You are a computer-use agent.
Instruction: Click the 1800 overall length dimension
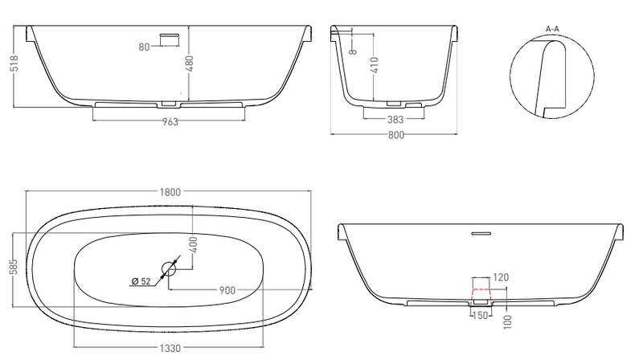(x=170, y=192)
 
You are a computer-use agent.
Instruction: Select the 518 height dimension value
(x=14, y=63)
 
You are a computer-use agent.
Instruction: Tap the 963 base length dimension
(x=170, y=122)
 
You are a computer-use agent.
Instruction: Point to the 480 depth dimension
(x=189, y=63)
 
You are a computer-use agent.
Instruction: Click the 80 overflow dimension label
(x=144, y=47)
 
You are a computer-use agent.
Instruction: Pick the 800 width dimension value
(x=395, y=135)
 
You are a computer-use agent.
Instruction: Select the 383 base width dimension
(x=395, y=119)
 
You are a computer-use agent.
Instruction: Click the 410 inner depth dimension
(x=375, y=65)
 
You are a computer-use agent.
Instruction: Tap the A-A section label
(x=552, y=29)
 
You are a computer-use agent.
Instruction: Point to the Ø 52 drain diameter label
(x=141, y=281)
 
